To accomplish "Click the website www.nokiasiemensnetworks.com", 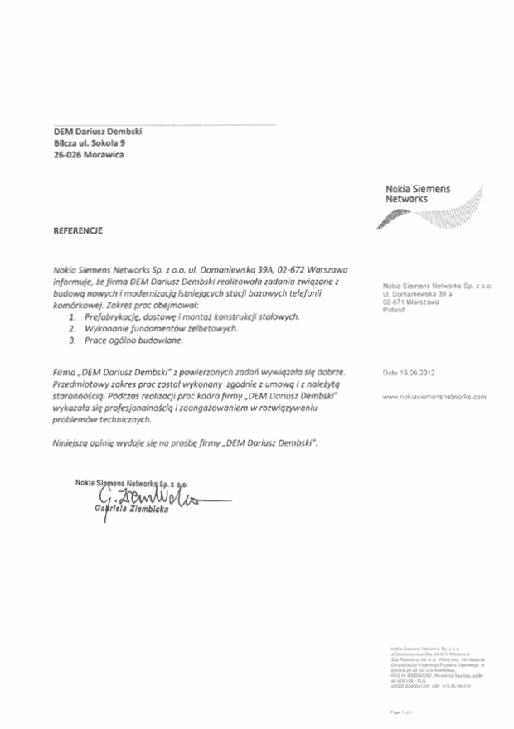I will click(x=434, y=398).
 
